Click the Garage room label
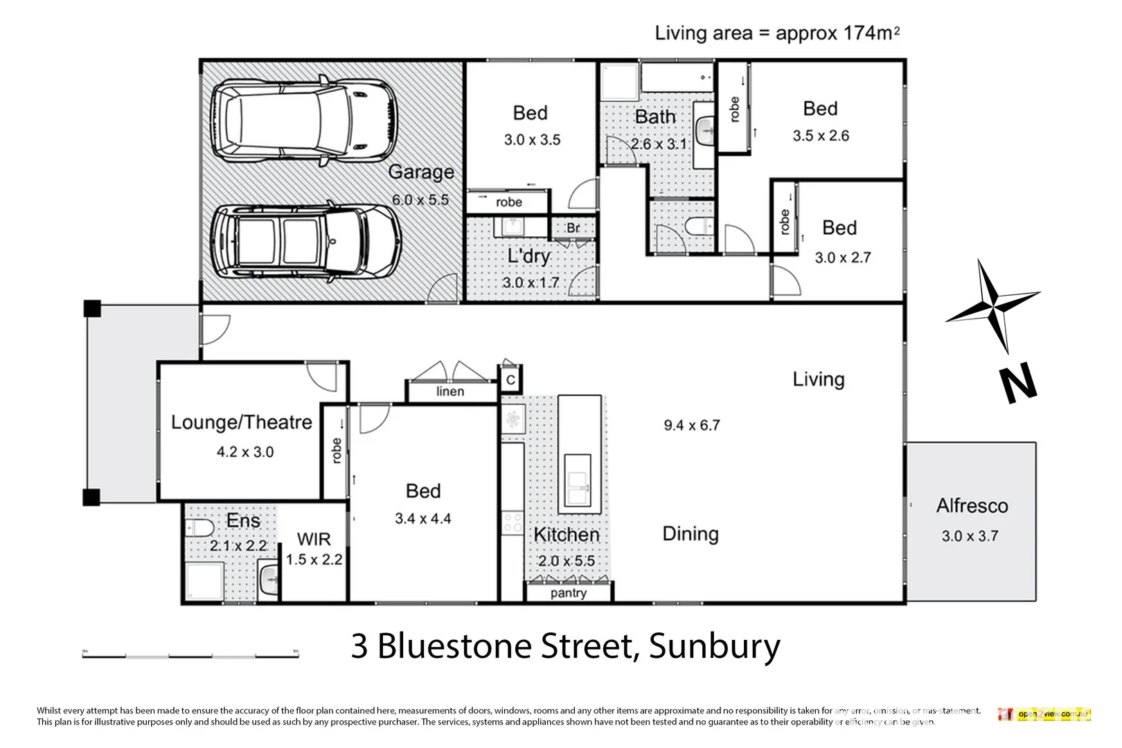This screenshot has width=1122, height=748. coord(421,172)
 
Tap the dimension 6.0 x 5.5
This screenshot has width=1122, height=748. coord(420,200)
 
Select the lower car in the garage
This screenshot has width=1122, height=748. coord(305,240)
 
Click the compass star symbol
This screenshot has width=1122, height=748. coord(993,305)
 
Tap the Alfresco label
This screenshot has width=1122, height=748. coord(972,506)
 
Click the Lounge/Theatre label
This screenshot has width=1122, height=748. coord(242,422)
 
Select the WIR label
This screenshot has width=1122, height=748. coord(314,539)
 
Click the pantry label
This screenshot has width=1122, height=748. coord(568,593)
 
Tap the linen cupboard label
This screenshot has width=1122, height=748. coord(450,392)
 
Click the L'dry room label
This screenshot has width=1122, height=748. coord(528,256)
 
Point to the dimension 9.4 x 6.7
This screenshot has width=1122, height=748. coord(691,425)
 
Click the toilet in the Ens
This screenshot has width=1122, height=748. coord(199,529)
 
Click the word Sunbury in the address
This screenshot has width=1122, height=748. coord(714,647)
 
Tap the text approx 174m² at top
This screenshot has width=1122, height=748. coord(837,33)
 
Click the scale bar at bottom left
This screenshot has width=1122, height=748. coord(190,655)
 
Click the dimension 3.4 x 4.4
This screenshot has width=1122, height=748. coord(422,519)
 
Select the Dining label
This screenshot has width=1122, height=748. coord(691,534)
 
